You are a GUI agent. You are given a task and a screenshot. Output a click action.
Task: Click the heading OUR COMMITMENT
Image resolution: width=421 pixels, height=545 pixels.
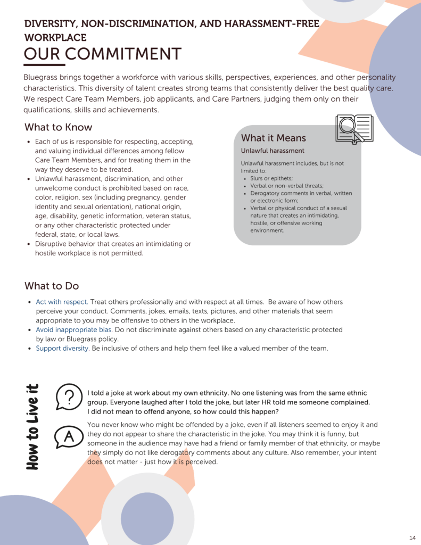[x=103, y=54]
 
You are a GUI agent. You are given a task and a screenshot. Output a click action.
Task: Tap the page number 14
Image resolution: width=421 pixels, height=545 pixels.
[x=412, y=537]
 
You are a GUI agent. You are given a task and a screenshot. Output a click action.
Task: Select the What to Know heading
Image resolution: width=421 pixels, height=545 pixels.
[x=58, y=127]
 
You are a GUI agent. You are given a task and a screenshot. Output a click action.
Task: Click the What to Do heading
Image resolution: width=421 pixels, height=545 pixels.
[x=52, y=286]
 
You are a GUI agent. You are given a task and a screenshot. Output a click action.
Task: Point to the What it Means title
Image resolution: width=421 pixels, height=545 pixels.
[x=274, y=138]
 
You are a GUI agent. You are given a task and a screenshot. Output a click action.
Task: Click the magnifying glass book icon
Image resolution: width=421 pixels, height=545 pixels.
[x=354, y=128]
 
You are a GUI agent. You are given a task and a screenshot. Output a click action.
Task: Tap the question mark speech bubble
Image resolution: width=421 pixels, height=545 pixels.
[x=68, y=397]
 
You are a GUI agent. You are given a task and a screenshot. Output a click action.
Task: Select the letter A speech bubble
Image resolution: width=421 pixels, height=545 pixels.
[x=68, y=437]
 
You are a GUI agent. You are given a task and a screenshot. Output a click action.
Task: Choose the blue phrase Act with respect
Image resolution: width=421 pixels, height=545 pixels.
[x=62, y=302]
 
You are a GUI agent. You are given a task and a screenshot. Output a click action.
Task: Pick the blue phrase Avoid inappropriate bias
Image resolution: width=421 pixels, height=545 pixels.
[x=74, y=330]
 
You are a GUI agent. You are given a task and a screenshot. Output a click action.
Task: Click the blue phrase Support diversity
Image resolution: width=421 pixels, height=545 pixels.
[x=62, y=349]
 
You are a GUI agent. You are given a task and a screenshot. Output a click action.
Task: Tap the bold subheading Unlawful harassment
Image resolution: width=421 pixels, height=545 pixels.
[x=273, y=151]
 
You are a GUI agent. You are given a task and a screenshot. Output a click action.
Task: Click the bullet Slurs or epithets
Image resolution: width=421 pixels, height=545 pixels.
[x=272, y=178]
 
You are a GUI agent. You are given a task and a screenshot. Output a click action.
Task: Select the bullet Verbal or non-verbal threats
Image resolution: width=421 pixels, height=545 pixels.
[x=287, y=186]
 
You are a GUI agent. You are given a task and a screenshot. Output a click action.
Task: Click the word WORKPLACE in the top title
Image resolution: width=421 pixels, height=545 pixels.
[x=55, y=38]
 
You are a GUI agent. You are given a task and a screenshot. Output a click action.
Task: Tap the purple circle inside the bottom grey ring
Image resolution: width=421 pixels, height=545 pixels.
[x=147, y=518]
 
